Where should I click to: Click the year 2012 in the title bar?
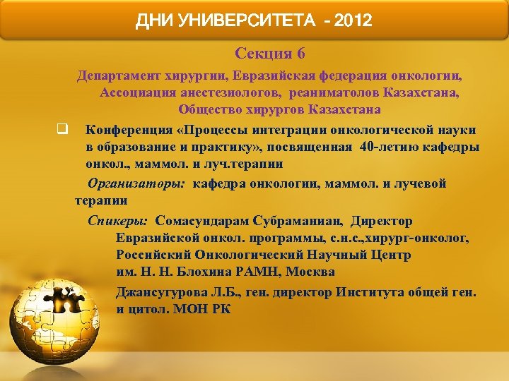click(x=352, y=20)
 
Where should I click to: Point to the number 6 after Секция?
click(x=300, y=53)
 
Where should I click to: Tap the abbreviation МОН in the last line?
click(x=189, y=309)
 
